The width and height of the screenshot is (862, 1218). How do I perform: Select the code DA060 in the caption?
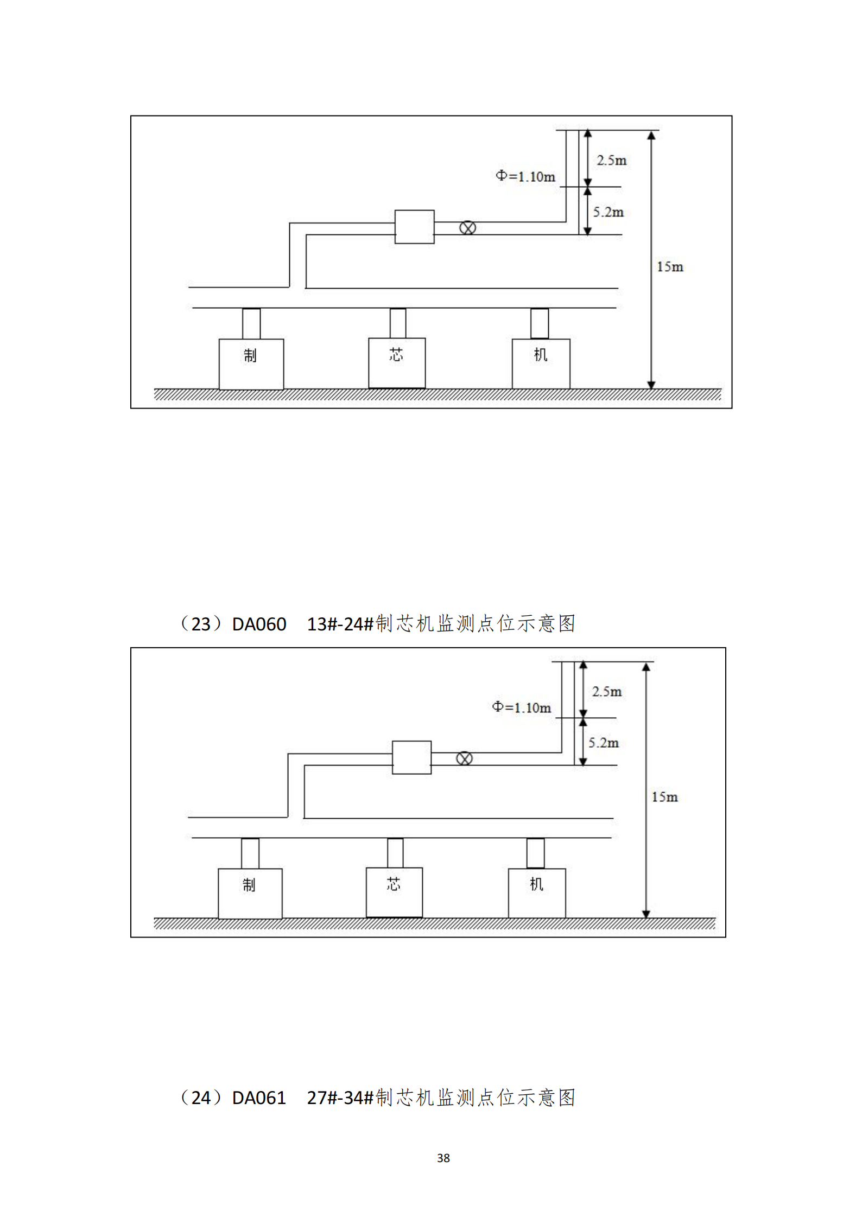click(x=259, y=624)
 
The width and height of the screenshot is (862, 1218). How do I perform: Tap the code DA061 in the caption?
click(x=259, y=1098)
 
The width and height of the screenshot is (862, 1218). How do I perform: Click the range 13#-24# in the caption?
click(x=340, y=624)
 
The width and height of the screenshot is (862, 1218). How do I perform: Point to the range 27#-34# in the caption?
click(x=340, y=1098)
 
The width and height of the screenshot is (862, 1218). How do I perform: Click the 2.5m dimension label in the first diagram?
click(x=611, y=160)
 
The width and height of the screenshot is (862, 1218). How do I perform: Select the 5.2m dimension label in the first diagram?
click(x=608, y=212)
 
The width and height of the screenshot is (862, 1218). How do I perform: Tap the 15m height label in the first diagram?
click(x=670, y=266)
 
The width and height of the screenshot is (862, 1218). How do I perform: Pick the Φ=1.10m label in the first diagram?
click(x=525, y=176)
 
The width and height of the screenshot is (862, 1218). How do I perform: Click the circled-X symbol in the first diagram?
click(x=467, y=228)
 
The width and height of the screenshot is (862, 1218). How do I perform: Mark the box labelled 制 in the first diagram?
click(x=251, y=364)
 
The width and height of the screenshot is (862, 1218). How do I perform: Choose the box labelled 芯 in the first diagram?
click(x=397, y=362)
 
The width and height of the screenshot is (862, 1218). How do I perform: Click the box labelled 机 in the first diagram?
click(x=541, y=363)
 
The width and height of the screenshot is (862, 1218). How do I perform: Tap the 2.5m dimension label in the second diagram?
click(x=606, y=691)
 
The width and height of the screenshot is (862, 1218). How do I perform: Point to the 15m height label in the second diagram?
click(x=664, y=796)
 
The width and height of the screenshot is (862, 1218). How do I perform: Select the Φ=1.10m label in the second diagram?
click(x=521, y=707)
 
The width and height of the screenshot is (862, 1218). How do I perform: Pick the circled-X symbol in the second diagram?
click(x=464, y=758)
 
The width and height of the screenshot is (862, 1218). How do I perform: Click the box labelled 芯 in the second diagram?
click(x=394, y=892)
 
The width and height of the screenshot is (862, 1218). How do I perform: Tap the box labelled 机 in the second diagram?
click(x=536, y=892)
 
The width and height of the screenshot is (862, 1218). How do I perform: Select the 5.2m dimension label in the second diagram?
click(x=603, y=742)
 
